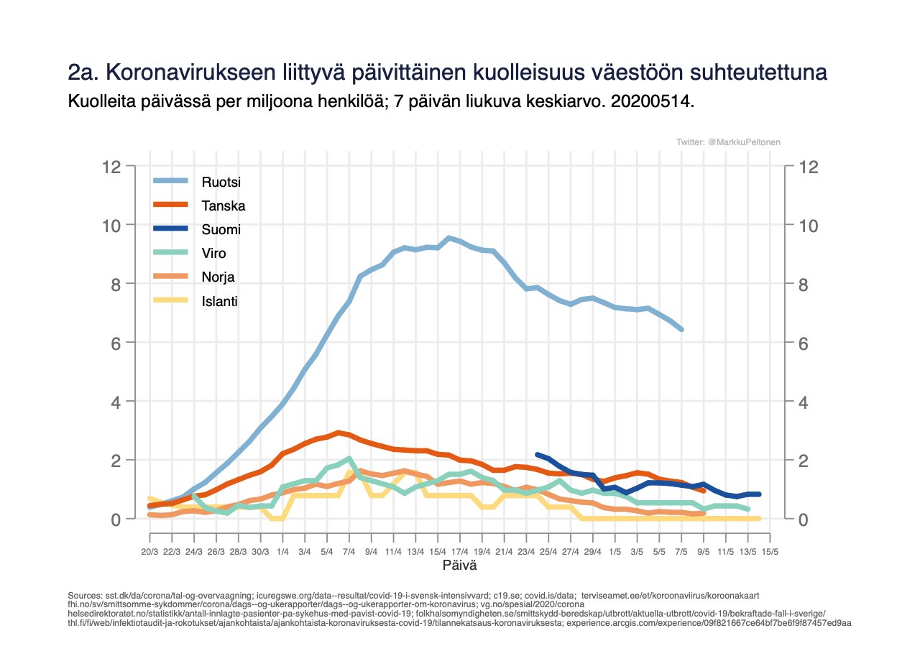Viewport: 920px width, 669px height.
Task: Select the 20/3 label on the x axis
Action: pos(149,552)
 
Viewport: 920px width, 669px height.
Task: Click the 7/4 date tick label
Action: pos(349,552)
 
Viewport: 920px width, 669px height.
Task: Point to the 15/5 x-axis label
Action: pos(770,552)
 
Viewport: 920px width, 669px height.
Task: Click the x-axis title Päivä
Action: pos(459,566)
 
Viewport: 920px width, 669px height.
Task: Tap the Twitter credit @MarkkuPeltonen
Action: pos(728,143)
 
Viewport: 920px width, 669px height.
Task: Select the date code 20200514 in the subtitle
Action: pos(651,101)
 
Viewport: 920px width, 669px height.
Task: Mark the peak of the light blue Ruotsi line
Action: pos(448,238)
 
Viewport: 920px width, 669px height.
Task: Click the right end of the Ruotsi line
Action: pos(681,329)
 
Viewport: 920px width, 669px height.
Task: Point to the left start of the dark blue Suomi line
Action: pos(538,454)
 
